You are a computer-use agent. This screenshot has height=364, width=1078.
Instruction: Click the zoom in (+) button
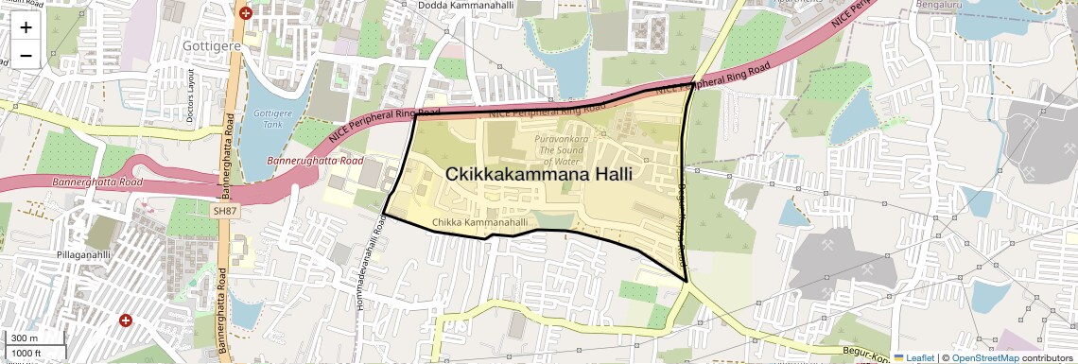(26, 26)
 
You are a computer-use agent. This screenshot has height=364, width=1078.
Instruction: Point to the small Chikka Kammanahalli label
(479, 222)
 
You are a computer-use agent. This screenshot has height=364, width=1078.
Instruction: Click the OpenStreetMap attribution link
(985, 357)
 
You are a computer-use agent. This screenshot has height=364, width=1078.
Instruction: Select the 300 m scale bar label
(25, 338)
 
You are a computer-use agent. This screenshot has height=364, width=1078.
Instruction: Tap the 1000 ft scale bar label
(26, 353)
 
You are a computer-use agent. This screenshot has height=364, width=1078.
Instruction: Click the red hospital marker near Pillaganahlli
(125, 321)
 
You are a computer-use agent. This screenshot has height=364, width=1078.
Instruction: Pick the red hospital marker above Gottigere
(246, 12)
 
